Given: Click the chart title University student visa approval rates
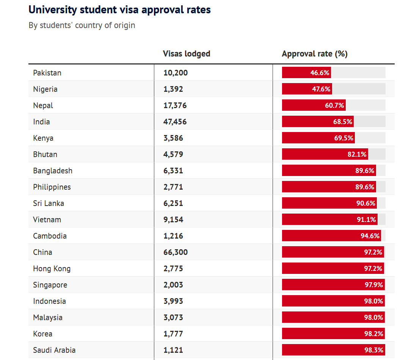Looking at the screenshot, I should point(119,10).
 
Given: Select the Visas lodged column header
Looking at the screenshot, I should point(186,54).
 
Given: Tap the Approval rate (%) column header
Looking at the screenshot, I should point(314,54).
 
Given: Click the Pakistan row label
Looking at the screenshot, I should point(47,73).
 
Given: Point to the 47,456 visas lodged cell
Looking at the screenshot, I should point(175,122).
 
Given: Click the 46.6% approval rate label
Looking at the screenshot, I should point(320,73).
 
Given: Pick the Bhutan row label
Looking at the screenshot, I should point(45,154).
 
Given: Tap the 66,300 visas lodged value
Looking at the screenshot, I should point(175,252).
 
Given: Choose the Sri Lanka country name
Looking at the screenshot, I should point(49,203).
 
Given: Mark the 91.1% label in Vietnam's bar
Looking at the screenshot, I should point(366,220).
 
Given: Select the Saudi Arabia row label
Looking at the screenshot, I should point(54,350).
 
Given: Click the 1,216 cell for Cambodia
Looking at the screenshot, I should point(173,236).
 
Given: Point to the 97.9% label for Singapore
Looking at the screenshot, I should point(374,285).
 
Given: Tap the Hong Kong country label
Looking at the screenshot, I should point(52,269).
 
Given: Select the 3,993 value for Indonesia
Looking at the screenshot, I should point(173,301).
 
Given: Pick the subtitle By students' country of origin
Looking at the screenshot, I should point(82,25).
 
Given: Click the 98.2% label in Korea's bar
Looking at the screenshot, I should point(374,334).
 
